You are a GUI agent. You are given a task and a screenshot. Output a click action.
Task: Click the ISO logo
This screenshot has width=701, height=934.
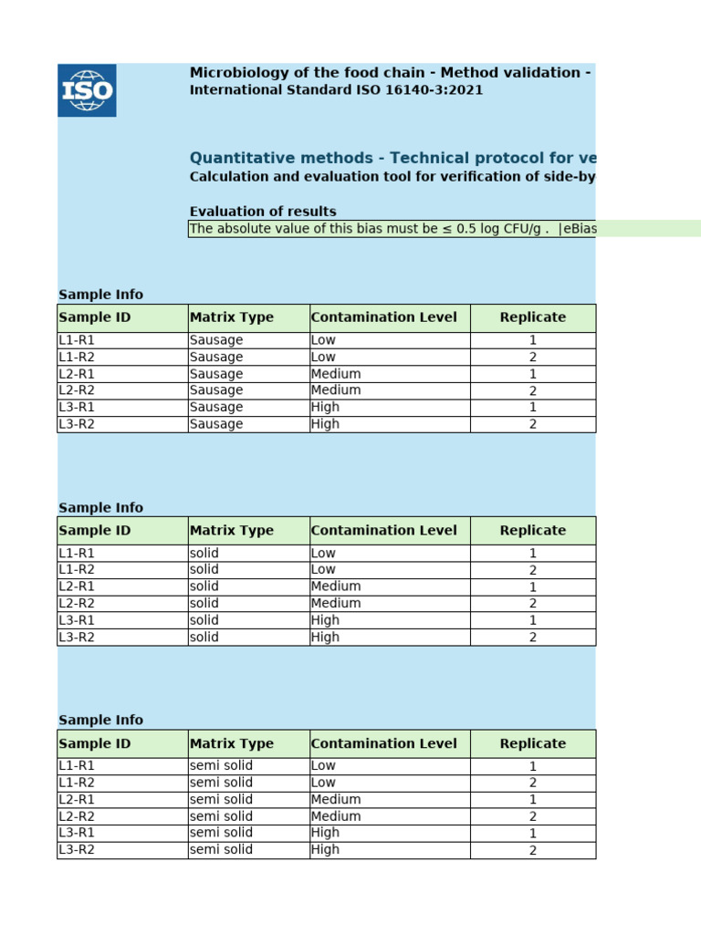pos(87,90)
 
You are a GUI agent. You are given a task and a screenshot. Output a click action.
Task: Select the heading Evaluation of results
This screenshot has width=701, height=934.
pos(263,212)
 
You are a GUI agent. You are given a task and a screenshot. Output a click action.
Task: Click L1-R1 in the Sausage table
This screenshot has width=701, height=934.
pos(77,340)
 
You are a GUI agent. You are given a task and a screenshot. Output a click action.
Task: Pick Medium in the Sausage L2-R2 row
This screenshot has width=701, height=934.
pos(336,390)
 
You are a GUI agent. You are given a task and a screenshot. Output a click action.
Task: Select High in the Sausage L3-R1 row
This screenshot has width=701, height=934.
pos(325,407)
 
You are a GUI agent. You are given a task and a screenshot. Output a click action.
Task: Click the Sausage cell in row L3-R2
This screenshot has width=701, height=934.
pos(216,424)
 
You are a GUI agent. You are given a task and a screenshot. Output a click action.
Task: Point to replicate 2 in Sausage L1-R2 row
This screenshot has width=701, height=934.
pos(533,358)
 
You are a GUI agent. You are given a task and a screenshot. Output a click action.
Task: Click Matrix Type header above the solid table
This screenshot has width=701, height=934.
pos(232,531)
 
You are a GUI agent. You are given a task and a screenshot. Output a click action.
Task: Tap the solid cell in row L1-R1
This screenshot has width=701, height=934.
pos(204,554)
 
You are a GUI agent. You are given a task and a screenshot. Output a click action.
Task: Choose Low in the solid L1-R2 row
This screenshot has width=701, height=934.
pos(323,570)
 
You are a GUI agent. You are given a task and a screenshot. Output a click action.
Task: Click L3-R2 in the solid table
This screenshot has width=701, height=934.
pos(77,638)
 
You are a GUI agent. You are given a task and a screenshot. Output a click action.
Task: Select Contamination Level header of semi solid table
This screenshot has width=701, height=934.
pos(384,743)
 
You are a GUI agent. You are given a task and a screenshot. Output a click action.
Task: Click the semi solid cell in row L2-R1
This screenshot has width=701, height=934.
pos(221,800)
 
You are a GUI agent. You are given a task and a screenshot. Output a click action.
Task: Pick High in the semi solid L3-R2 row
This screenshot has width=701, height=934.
pos(325,850)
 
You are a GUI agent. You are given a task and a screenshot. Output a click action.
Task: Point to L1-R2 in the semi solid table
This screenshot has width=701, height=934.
pos(77,783)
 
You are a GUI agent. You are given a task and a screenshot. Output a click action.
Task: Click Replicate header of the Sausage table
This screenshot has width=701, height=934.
pos(533,317)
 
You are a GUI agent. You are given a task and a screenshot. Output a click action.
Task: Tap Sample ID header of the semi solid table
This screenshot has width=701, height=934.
pos(95,743)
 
